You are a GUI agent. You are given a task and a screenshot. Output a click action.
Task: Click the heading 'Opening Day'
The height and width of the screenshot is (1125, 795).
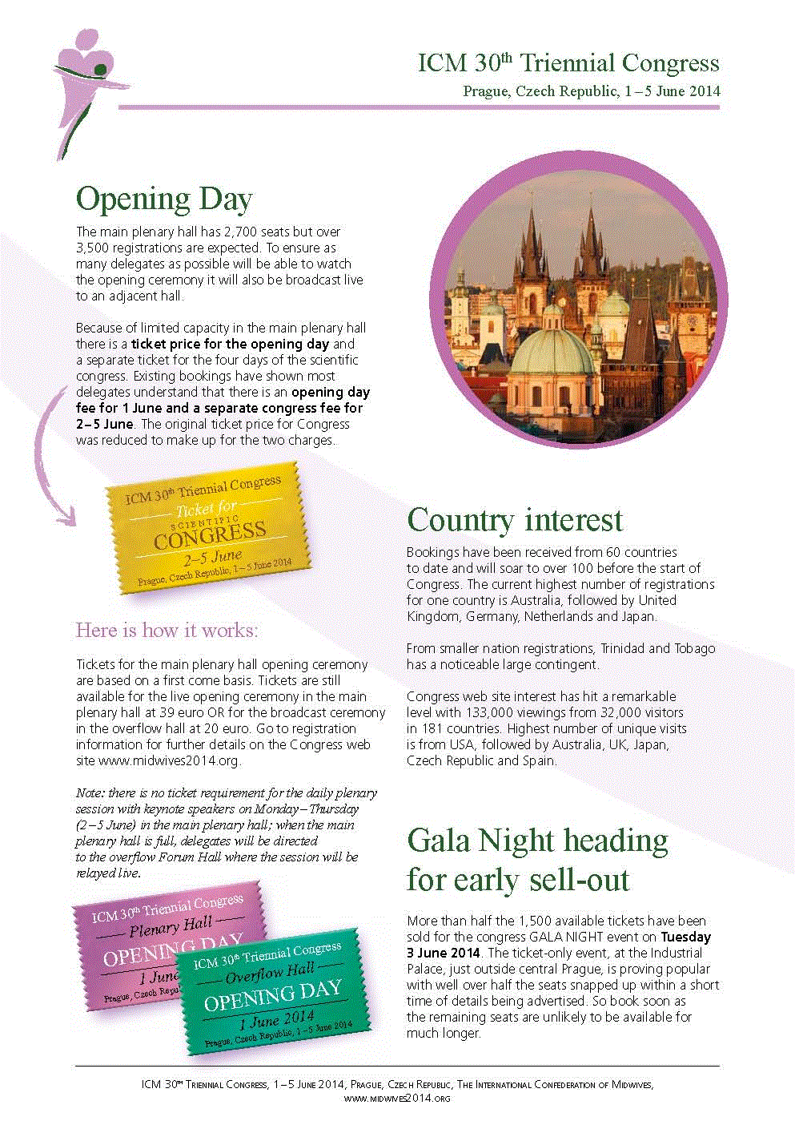pos(164,199)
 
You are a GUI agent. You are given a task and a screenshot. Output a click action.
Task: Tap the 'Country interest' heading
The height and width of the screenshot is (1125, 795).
pos(515,520)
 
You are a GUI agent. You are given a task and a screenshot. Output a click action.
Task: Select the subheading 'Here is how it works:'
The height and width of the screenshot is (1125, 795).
pos(167,631)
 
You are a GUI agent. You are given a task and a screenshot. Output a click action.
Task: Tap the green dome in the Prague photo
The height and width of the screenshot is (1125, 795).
pos(552,349)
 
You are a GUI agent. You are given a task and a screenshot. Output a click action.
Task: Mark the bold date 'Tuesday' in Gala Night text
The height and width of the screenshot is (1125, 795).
pos(685,937)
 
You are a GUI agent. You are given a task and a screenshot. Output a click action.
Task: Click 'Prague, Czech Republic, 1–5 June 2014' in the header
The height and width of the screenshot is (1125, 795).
pos(591,91)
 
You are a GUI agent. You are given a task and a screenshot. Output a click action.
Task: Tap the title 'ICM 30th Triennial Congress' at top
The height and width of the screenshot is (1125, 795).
pos(568,63)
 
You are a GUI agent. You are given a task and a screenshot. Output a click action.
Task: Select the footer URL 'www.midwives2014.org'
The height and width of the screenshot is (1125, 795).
pos(397,1098)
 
